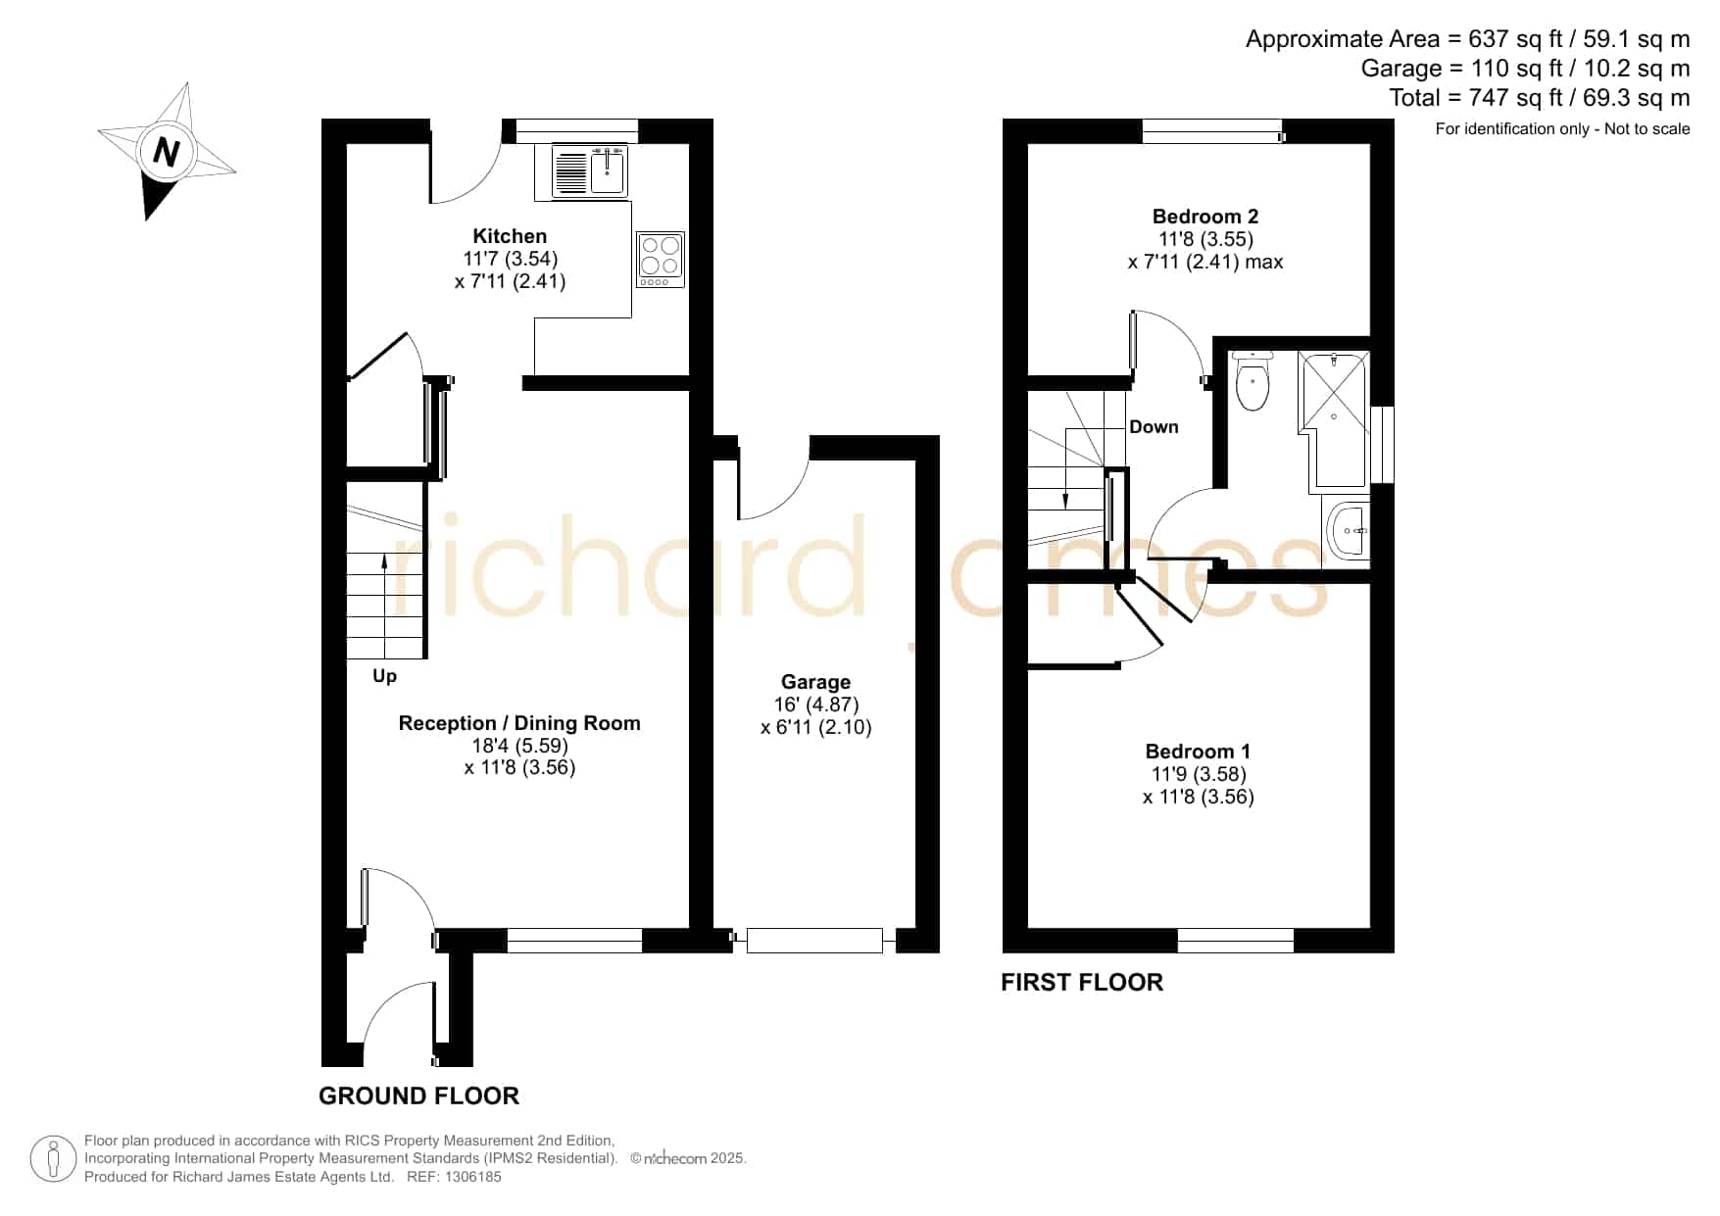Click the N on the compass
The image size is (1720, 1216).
click(x=167, y=152)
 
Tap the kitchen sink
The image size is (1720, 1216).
click(x=590, y=171)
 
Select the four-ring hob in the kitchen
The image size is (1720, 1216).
click(x=660, y=260)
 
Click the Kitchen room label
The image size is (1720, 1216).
click(x=510, y=236)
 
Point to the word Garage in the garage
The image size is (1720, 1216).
click(x=815, y=682)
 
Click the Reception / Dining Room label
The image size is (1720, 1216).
click(x=519, y=723)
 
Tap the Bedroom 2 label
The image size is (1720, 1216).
click(x=1205, y=217)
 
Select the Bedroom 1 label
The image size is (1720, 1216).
click(x=1198, y=752)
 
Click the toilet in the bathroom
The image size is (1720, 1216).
click(x=1253, y=380)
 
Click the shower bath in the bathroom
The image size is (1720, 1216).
click(x=1334, y=419)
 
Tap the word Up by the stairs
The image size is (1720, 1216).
click(x=384, y=676)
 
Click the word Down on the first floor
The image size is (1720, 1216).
click(x=1154, y=427)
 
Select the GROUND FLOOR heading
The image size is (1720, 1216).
click(x=418, y=1095)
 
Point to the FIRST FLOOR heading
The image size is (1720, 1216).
click(x=1082, y=982)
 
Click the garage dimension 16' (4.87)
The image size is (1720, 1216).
click(x=815, y=705)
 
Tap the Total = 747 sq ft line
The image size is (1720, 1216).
click(x=1539, y=98)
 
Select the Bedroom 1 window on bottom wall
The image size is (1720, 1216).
click(x=1235, y=941)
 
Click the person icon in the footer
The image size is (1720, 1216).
click(x=53, y=1159)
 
